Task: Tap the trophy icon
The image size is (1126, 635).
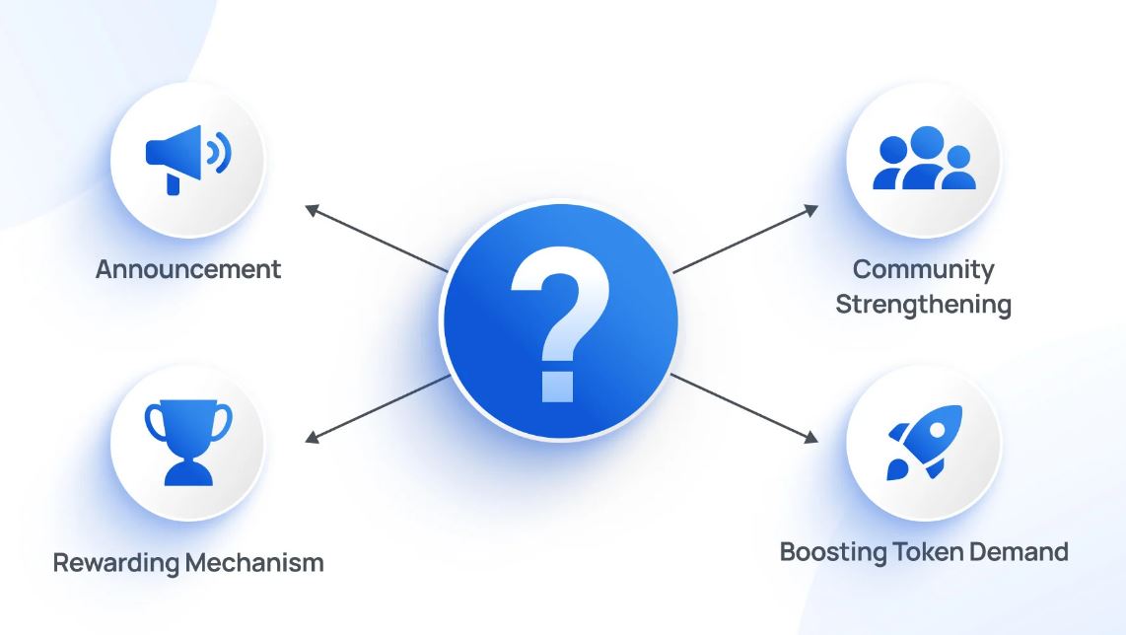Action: [x=187, y=441]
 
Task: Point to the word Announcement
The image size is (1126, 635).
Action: [x=188, y=269]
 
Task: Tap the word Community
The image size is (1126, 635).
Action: [x=923, y=269]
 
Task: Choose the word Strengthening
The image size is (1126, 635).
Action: [x=923, y=304]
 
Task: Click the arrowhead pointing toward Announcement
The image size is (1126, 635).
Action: [x=310, y=209]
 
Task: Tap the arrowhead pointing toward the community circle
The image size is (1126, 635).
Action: [x=812, y=208]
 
